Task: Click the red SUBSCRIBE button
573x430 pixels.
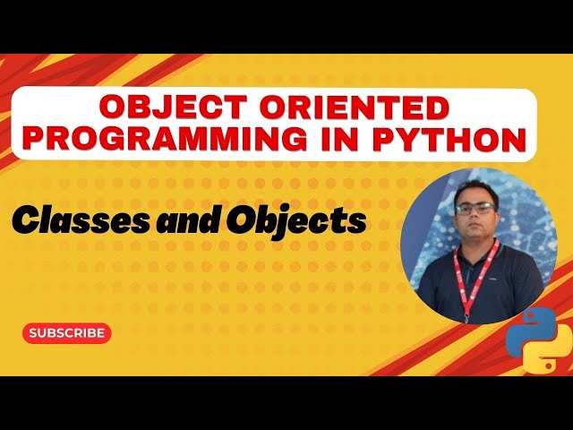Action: [66, 332]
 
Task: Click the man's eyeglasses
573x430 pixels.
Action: [474, 208]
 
